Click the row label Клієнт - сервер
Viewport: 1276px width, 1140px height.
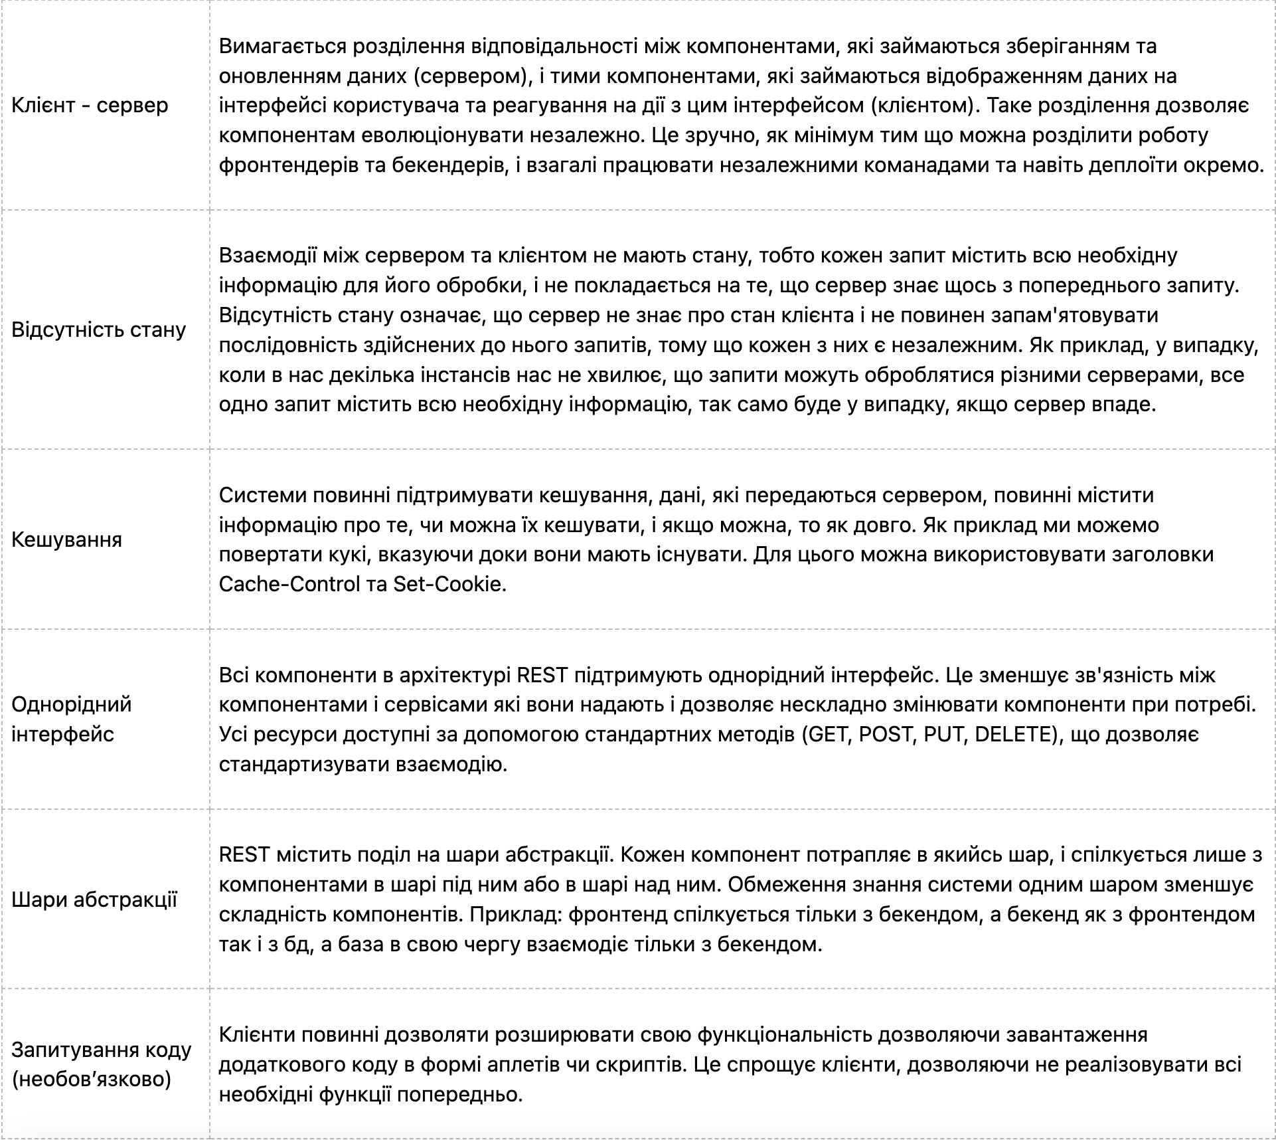click(90, 105)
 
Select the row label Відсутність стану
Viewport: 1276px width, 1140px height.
click(98, 330)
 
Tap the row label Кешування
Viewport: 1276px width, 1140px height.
click(66, 539)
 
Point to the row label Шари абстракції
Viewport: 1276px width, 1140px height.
click(94, 900)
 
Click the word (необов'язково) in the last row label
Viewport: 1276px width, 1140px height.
click(92, 1079)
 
